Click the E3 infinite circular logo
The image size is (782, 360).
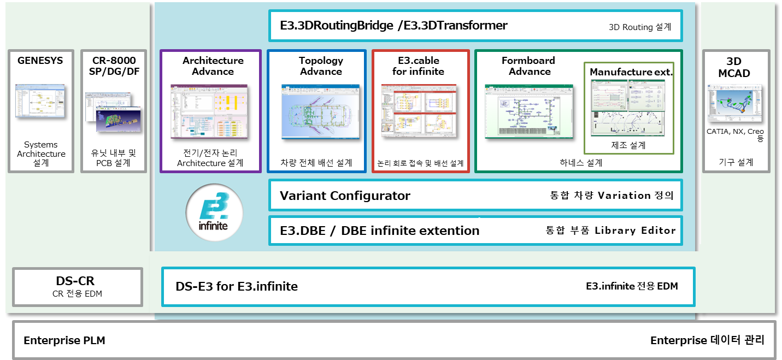coord(214,213)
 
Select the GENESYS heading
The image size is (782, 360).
coord(40,61)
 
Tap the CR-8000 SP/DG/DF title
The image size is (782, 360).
coord(114,66)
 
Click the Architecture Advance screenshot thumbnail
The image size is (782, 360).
coord(210,113)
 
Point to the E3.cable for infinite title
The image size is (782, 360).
coord(419,66)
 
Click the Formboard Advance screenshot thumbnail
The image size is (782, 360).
coord(528,112)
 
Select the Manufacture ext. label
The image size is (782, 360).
coord(631,72)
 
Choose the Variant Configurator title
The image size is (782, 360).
coord(345,196)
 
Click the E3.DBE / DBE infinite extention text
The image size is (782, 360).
coord(379,231)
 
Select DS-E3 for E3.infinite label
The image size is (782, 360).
coord(237,286)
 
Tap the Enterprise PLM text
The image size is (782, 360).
coord(64,340)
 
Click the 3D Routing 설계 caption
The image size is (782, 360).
coord(639,27)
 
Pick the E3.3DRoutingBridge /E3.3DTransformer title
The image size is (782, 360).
coord(393,25)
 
